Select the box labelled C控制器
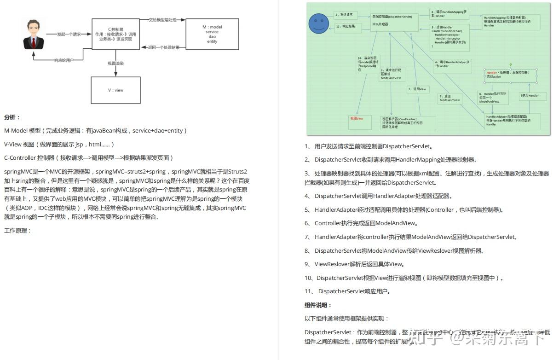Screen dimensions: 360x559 tap(115, 34)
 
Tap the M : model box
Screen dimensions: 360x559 tap(212, 34)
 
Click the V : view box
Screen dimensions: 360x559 tap(115, 90)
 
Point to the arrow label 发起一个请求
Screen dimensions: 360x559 tap(69, 35)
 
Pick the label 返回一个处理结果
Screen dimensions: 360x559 tap(163, 47)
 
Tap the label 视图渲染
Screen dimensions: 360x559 tap(116, 63)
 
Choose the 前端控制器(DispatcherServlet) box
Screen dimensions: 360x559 tap(395, 21)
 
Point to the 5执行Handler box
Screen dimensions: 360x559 tap(533, 96)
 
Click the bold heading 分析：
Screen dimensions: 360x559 tap(12, 117)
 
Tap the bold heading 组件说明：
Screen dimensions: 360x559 tap(318, 305)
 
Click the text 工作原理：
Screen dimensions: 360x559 tap(17, 230)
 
